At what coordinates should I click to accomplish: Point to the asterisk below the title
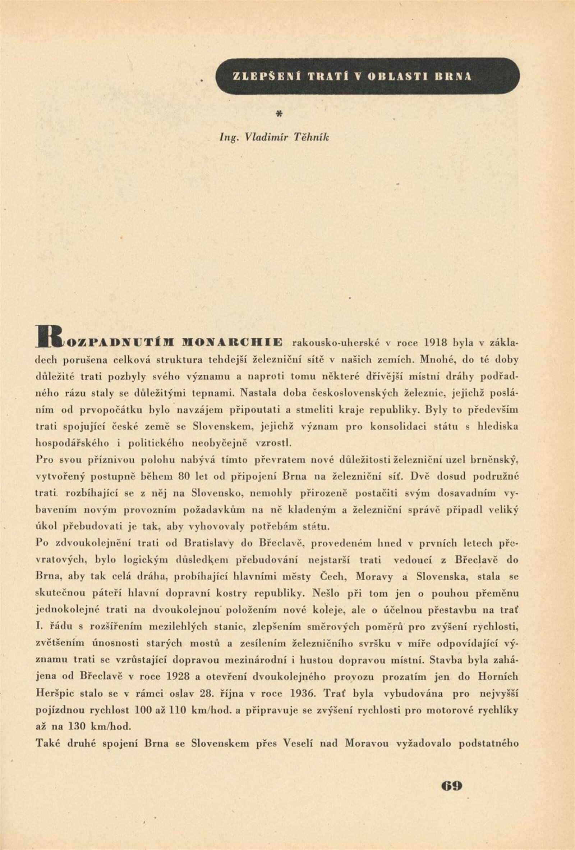coord(279,114)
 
